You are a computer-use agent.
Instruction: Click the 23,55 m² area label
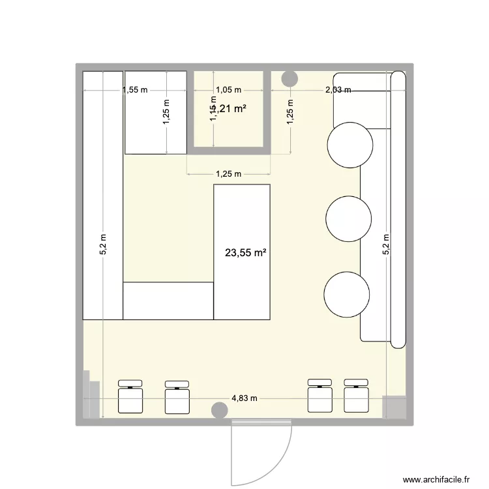(x=246, y=252)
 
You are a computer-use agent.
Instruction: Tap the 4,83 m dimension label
(x=244, y=398)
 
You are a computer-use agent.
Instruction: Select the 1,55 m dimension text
(x=135, y=90)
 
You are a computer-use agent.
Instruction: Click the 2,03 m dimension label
(x=338, y=90)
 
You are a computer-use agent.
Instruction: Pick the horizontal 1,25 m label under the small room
(x=228, y=174)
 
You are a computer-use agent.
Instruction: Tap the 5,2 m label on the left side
(x=103, y=244)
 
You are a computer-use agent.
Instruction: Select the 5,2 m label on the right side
(x=386, y=244)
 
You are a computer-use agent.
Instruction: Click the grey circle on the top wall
(x=289, y=79)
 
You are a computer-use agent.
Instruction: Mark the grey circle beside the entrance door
(x=220, y=409)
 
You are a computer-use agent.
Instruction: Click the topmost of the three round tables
(x=351, y=145)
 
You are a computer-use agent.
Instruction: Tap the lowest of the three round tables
(x=346, y=293)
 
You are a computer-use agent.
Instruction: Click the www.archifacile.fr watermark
(x=437, y=478)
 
